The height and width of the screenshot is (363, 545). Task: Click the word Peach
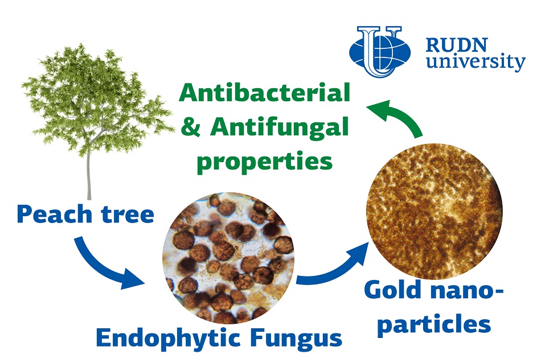[x=55, y=214]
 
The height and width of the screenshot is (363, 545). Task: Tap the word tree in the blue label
[x=128, y=214]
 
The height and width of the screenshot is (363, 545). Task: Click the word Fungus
[x=297, y=338]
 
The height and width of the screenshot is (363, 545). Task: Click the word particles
[x=434, y=324]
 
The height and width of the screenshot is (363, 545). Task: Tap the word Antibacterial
[x=265, y=92]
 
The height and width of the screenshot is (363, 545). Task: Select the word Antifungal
[x=279, y=127]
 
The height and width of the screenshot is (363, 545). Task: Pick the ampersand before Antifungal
[x=191, y=127]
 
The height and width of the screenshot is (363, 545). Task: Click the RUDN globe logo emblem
[x=380, y=51]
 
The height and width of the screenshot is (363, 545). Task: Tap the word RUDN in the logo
[x=457, y=45]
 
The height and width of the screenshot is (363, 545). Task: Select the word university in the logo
[x=476, y=62]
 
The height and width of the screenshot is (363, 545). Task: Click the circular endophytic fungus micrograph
[x=228, y=258]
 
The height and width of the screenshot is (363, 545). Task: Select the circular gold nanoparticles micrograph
[x=435, y=211]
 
